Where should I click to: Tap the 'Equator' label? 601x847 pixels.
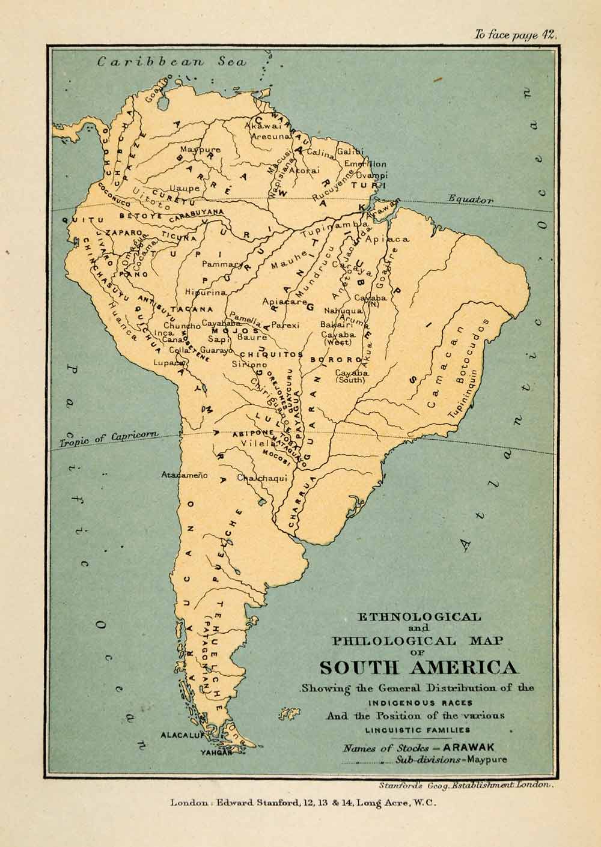(x=471, y=199)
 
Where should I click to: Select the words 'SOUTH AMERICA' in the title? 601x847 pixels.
(x=416, y=668)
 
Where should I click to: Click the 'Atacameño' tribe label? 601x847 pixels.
(x=184, y=475)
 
